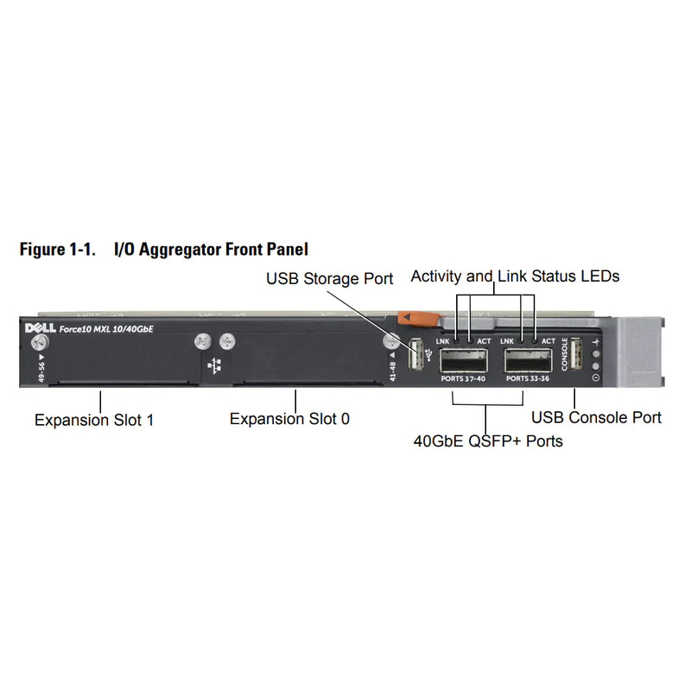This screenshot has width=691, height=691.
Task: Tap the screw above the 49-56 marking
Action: pos(39,344)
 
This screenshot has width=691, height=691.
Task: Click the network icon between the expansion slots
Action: pos(214,365)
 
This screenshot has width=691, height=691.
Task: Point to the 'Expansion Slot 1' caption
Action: pos(95,420)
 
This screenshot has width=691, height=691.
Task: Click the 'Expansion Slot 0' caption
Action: pos(289,419)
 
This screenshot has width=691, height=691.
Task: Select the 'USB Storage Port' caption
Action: pos(329,278)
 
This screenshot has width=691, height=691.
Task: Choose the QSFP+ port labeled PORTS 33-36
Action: pos(529,358)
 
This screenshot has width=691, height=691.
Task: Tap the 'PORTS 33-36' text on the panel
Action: pos(529,377)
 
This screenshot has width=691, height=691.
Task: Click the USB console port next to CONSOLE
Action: pos(577,355)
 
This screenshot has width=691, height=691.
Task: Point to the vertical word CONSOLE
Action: pos(565,354)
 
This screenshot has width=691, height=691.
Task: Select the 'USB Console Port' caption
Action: pos(596,418)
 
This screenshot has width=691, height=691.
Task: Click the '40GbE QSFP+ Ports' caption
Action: pos(488,441)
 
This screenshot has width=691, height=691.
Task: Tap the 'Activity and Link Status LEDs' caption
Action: pos(515,276)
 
